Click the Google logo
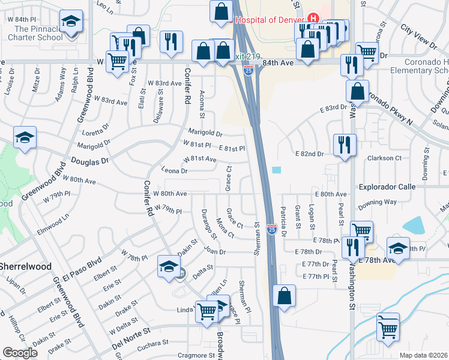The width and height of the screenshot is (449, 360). click(20, 353)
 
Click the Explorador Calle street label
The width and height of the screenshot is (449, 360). click(387, 187)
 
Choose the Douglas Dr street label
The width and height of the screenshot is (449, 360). click(90, 161)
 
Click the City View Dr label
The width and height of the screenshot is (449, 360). click(418, 35)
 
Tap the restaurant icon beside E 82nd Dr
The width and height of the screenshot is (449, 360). click(345, 145)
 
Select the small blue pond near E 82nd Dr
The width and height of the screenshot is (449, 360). click(276, 170)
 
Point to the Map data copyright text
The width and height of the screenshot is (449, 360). click(423, 355)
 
